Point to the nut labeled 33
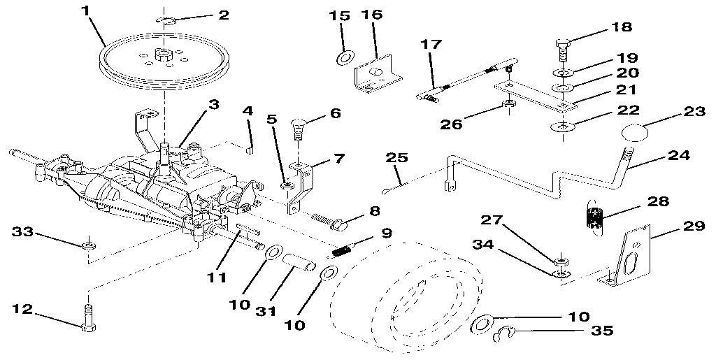coord(88,245)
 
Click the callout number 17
coord(431,43)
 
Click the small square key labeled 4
coord(248,147)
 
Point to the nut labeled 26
coord(509,106)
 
